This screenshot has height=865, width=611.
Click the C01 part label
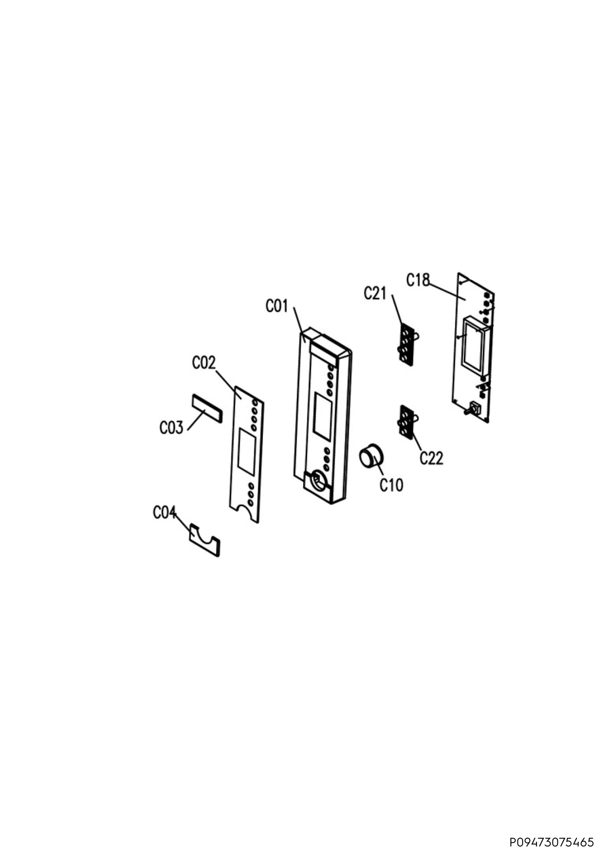[x=277, y=306]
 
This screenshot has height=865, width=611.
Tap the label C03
[x=171, y=427]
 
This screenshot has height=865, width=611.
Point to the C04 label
[x=165, y=513]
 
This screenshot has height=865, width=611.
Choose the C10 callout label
[x=392, y=485]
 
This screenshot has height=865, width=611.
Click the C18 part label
[x=418, y=280]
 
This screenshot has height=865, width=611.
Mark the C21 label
[x=375, y=293]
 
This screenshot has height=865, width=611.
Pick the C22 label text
[x=432, y=458]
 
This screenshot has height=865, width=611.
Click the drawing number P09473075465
[x=552, y=842]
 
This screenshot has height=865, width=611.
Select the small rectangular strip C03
[x=207, y=408]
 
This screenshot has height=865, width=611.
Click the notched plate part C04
[x=204, y=540]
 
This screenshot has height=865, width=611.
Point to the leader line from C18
[x=447, y=292]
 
